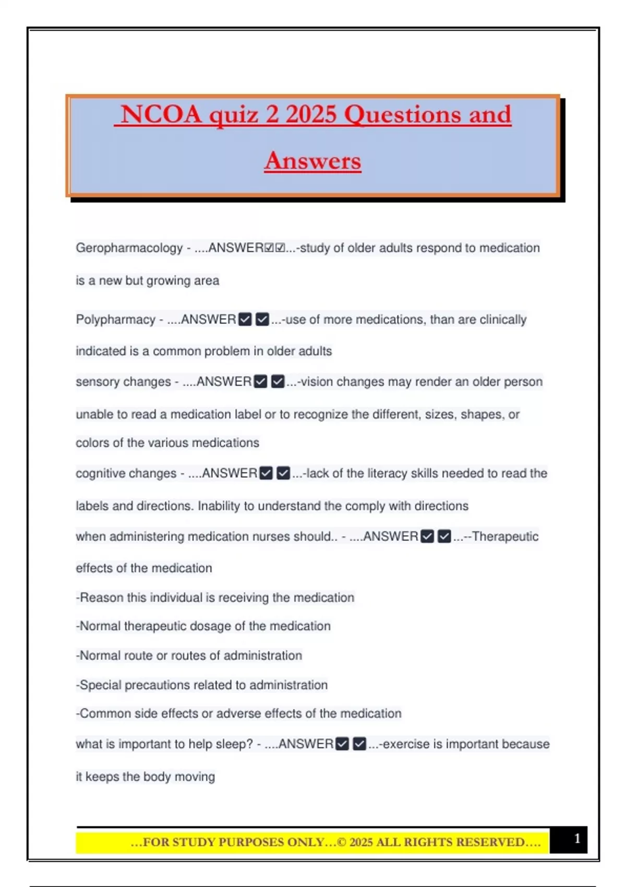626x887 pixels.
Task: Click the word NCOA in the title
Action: pos(161,114)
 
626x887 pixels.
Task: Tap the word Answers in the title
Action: pos(312,161)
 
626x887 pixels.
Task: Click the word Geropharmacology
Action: pos(129,248)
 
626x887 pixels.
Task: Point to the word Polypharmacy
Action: pos(115,319)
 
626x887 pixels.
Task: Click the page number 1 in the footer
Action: pos(577,838)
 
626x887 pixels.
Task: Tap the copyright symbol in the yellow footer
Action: pos(342,842)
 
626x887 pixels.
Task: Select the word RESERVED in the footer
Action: pos(490,842)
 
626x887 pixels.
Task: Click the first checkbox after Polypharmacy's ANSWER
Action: pos(245,319)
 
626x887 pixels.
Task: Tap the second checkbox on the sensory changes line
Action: pos(278,382)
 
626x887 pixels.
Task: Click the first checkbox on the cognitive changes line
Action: pos(266,473)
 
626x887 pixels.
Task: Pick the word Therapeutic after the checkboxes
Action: pos(505,536)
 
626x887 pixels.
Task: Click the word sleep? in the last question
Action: pos(235,744)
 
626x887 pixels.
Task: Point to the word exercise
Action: pos(403,744)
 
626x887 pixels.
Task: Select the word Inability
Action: pos(219,506)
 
